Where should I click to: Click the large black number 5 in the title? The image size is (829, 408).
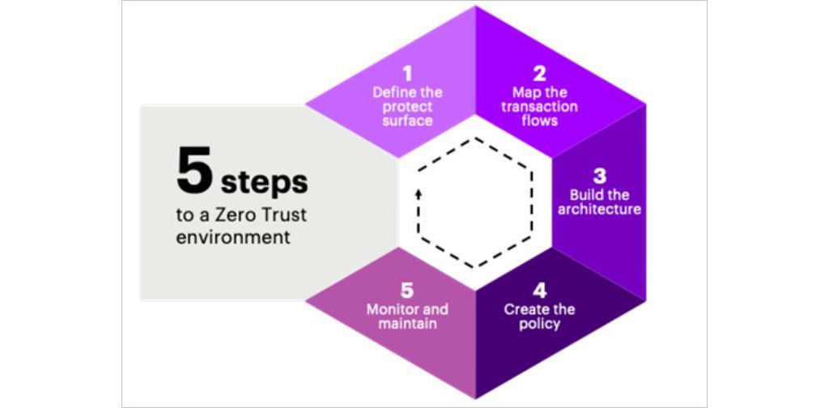tap(194, 171)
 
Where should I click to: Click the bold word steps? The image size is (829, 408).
tap(265, 184)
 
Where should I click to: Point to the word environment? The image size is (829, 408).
tap(233, 236)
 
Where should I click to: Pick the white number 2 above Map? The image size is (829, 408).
tap(539, 74)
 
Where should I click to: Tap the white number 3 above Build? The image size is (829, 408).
tap(600, 176)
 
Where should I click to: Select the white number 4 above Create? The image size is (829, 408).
tap(540, 291)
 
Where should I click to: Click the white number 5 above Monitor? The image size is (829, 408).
tap(407, 291)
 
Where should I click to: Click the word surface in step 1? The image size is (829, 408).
tap(408, 121)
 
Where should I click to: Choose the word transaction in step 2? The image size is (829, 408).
tap(539, 107)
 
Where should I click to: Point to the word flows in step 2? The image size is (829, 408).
tap(540, 121)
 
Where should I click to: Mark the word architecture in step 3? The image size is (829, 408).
tap(600, 210)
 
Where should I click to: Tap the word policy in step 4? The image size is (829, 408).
tap(539, 324)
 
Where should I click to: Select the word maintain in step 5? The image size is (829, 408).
tap(408, 323)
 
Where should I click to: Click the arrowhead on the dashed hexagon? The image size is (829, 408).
tap(419, 194)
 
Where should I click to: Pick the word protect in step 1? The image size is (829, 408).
tap(408, 108)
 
